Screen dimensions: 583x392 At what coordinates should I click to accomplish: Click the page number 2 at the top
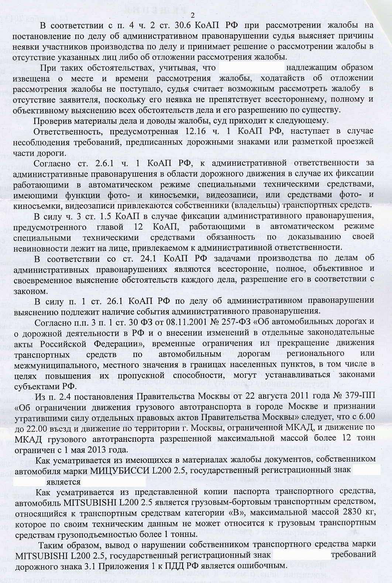point(192,15)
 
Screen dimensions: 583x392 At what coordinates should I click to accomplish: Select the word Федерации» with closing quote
point(114,343)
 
